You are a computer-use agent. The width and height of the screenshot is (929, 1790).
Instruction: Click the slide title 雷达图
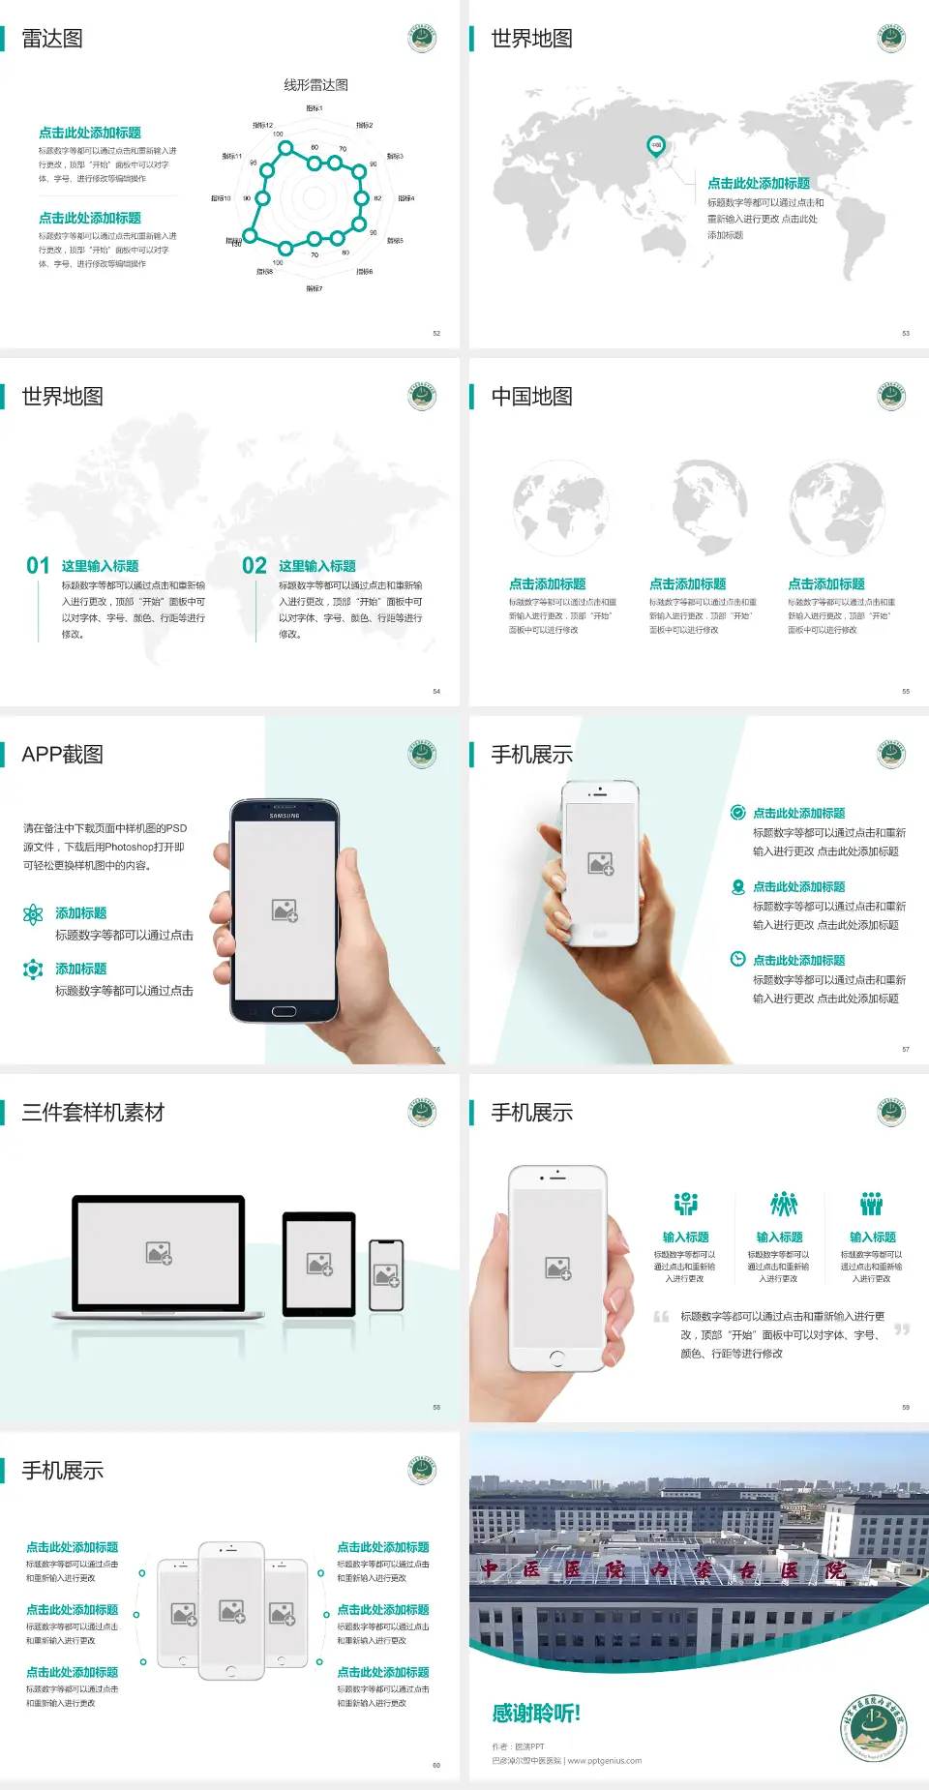52,39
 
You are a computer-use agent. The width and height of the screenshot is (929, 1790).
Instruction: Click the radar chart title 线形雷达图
315,85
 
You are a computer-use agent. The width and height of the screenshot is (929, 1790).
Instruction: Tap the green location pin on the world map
655,146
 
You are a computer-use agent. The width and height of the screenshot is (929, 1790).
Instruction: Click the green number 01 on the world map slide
38,565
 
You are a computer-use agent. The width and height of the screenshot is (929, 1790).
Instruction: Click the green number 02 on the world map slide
255,565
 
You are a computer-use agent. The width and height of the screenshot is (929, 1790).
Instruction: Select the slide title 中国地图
531,397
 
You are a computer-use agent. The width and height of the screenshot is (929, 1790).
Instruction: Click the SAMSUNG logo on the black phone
285,816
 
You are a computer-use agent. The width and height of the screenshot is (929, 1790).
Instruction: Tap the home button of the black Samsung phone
284,1011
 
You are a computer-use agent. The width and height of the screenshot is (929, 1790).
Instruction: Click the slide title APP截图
62,755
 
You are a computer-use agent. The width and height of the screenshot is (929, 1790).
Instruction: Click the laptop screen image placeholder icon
159,1253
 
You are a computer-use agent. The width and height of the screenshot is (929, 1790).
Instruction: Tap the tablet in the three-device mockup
319,1264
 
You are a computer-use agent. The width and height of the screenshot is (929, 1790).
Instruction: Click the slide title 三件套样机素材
93,1113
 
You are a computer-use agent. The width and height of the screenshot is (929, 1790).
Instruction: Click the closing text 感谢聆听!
536,1714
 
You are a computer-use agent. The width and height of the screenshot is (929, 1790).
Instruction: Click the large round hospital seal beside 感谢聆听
873,1729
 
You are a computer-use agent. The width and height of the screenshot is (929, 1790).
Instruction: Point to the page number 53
906,333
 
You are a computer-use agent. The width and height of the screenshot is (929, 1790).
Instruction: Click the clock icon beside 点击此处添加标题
737,959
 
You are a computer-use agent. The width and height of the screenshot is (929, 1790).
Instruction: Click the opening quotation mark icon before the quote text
661,1317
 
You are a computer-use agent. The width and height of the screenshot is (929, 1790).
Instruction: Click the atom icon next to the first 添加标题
33,914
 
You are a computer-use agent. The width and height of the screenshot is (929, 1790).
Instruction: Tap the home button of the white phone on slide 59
556,1357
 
